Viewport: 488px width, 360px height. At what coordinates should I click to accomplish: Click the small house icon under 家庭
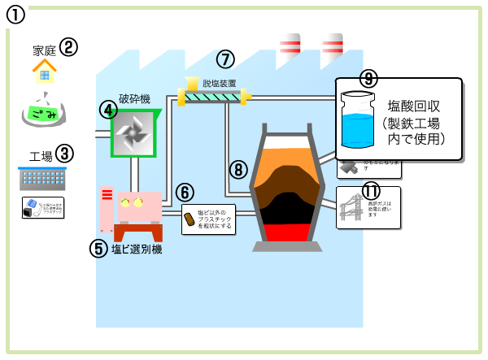tap(45, 74)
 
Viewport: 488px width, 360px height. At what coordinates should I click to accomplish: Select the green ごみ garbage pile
tap(45, 114)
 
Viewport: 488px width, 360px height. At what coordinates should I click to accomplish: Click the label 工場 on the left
tap(41, 155)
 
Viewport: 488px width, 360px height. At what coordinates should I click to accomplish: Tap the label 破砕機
tap(135, 98)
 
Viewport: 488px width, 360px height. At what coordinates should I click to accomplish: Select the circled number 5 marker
tap(98, 249)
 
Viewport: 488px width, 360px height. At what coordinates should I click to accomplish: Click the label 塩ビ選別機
tap(136, 249)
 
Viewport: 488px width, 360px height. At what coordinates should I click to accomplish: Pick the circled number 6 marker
tap(185, 193)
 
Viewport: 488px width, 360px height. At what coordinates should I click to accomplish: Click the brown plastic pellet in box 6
tap(190, 219)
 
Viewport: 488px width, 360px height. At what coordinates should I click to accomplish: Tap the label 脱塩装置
tap(219, 83)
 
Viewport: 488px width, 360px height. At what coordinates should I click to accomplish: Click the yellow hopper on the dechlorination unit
tap(191, 83)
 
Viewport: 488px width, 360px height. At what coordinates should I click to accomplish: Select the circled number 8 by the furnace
tap(237, 169)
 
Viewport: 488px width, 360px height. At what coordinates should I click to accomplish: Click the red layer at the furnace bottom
tap(281, 231)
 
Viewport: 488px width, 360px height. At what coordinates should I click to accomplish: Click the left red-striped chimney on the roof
tap(290, 49)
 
